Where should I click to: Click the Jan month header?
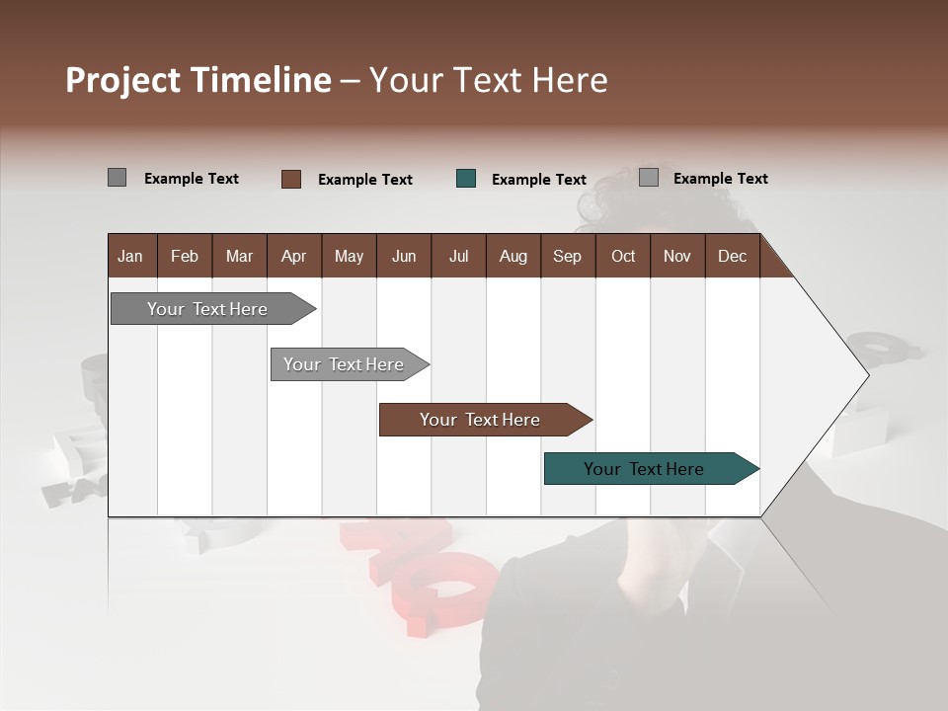[130, 256]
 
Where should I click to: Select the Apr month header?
[293, 256]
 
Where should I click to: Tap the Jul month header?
[458, 256]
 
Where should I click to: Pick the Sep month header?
[567, 256]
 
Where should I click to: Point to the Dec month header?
[732, 256]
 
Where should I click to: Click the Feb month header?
[185, 256]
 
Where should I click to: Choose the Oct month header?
[623, 256]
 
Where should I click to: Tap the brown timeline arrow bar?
[481, 420]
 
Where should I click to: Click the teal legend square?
[466, 179]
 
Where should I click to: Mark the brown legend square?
[291, 179]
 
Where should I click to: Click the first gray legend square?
[117, 178]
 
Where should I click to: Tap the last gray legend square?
[649, 178]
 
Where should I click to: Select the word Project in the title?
[122, 80]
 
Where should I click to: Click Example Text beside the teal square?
[538, 180]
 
